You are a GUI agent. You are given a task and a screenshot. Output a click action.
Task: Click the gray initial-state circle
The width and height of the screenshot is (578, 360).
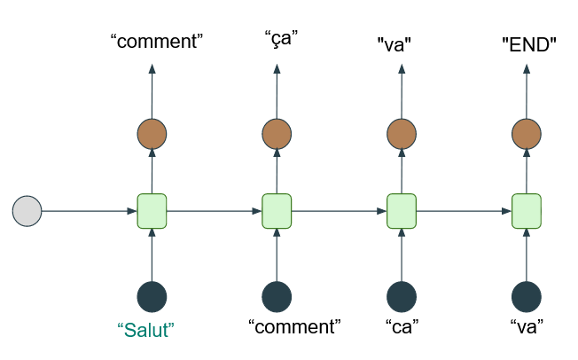pos(27,211)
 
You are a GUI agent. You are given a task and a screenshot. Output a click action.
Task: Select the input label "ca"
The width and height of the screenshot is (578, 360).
pos(402,326)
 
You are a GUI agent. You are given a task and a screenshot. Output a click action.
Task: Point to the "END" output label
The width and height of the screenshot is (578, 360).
pos(528,42)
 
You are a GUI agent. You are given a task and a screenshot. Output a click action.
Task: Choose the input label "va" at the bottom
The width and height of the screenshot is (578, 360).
pos(527,326)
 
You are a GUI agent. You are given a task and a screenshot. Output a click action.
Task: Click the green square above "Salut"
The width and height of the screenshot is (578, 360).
pos(152,211)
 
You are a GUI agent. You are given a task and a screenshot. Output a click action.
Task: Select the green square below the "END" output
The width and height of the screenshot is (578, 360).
pos(527,211)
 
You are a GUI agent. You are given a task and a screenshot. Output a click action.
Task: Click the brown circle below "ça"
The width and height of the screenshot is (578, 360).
pos(277,135)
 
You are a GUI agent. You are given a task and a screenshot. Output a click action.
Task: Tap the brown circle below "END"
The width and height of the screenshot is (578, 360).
pos(527,135)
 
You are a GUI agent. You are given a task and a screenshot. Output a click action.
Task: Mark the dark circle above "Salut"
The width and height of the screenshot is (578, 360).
pos(152,296)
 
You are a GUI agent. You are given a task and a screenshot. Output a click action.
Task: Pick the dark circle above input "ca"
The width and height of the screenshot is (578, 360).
pos(402,296)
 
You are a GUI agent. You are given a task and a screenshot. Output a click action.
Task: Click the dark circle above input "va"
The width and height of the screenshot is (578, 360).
pos(527,296)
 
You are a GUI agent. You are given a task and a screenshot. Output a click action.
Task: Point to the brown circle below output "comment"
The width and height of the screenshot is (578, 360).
pos(152,135)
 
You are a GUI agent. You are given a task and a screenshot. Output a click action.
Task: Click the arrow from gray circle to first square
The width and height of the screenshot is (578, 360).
pos(89,211)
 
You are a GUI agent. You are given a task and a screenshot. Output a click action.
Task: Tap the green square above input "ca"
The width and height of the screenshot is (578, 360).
pos(402,211)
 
